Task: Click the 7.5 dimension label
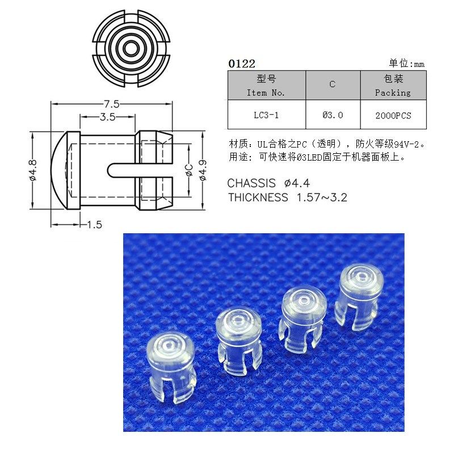point(111,104)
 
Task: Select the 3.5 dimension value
point(107,117)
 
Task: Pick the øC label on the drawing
point(189,170)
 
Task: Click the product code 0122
point(241,64)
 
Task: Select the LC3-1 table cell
point(266,115)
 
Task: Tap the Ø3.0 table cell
point(333,115)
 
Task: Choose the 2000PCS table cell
point(393,115)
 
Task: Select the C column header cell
point(333,85)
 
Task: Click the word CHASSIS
point(251,183)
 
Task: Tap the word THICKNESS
point(258,197)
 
